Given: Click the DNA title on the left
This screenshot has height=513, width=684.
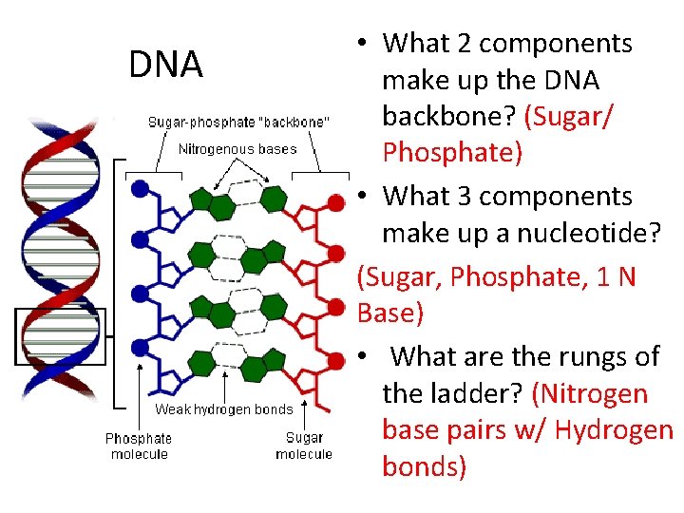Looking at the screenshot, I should click(166, 65).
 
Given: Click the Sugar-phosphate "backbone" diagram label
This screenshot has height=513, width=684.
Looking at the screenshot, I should click(238, 122).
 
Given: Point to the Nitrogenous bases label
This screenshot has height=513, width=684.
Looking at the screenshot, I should click(237, 148).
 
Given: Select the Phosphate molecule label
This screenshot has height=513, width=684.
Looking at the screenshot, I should click(139, 446).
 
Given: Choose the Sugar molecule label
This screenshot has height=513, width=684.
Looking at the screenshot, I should click(304, 446).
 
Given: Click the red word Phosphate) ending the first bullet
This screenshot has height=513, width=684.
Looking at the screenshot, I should click(452, 152).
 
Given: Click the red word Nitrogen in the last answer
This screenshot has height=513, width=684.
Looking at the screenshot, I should click(594, 393).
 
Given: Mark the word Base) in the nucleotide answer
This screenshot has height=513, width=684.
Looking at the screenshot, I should click(390, 313).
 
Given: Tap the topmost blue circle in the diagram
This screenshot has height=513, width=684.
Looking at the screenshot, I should click(141, 188).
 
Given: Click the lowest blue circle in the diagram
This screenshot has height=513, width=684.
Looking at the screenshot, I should click(141, 348).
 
